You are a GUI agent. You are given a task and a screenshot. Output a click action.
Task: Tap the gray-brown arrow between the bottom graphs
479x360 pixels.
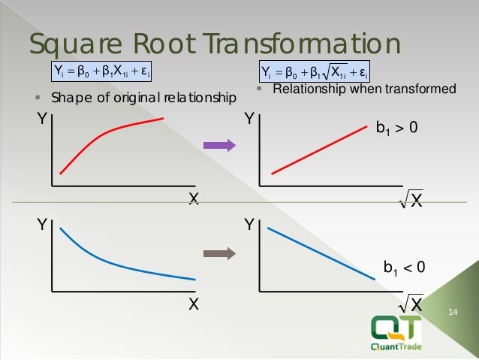tap(220, 253)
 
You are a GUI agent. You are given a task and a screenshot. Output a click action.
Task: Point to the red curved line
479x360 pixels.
tap(105, 141)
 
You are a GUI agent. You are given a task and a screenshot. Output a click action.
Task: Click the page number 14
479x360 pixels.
tap(452, 312)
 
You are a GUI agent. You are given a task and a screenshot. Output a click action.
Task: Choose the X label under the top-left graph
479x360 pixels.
tap(193, 199)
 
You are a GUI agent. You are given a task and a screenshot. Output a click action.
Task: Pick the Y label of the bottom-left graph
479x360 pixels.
tap(42, 223)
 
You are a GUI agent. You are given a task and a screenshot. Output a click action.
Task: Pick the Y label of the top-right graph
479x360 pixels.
tap(249, 118)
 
